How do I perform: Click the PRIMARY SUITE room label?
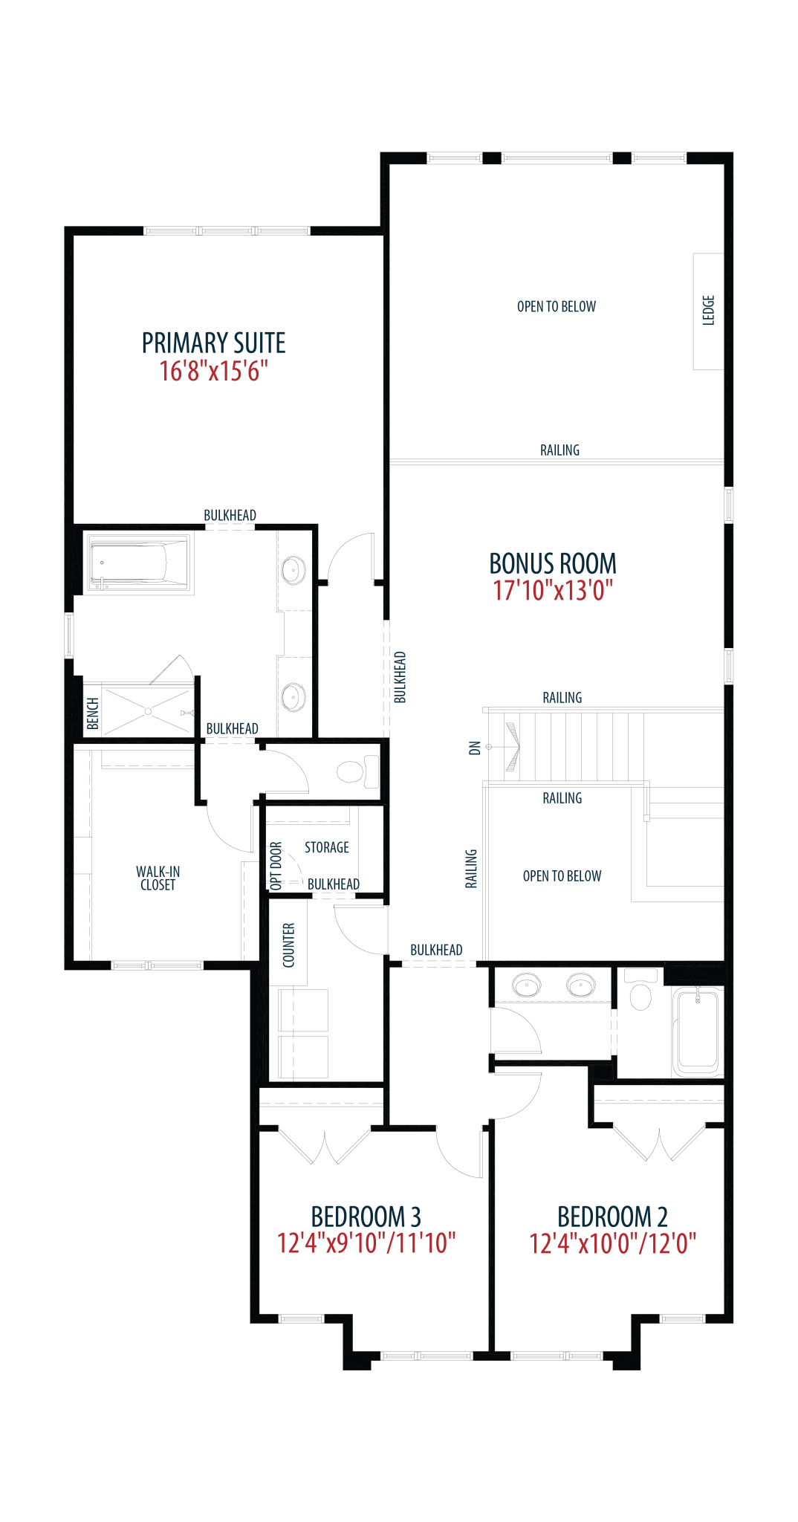[214, 343]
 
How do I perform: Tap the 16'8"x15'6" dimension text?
[213, 371]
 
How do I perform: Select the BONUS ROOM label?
[553, 563]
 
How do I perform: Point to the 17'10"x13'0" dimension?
[553, 591]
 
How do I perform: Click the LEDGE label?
[708, 310]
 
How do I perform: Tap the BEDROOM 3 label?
[366, 1217]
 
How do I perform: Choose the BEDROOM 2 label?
[612, 1217]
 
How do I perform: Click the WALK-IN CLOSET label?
[158, 878]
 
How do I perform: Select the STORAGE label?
[327, 847]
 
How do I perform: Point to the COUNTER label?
[289, 945]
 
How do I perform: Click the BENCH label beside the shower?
[93, 713]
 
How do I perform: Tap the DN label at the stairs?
[476, 748]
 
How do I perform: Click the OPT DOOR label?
[276, 866]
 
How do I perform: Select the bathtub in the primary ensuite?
[139, 564]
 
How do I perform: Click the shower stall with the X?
[148, 712]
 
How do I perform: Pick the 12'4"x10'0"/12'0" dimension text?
[612, 1243]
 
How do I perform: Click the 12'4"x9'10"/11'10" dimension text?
[366, 1243]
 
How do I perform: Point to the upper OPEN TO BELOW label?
[557, 306]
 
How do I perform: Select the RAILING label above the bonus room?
[559, 450]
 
